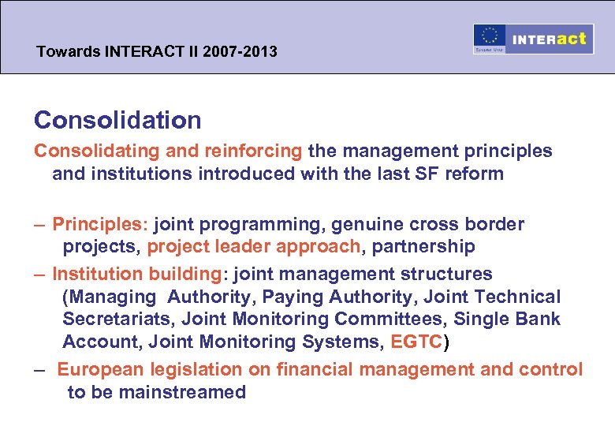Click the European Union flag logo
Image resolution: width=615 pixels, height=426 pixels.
click(x=489, y=39)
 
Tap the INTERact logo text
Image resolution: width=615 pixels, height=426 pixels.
click(x=549, y=39)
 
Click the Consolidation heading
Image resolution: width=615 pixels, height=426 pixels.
click(x=117, y=120)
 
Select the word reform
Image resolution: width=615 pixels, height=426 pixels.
click(x=475, y=174)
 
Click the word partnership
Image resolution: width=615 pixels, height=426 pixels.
click(x=423, y=247)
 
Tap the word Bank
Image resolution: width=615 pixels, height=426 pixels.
click(x=540, y=319)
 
